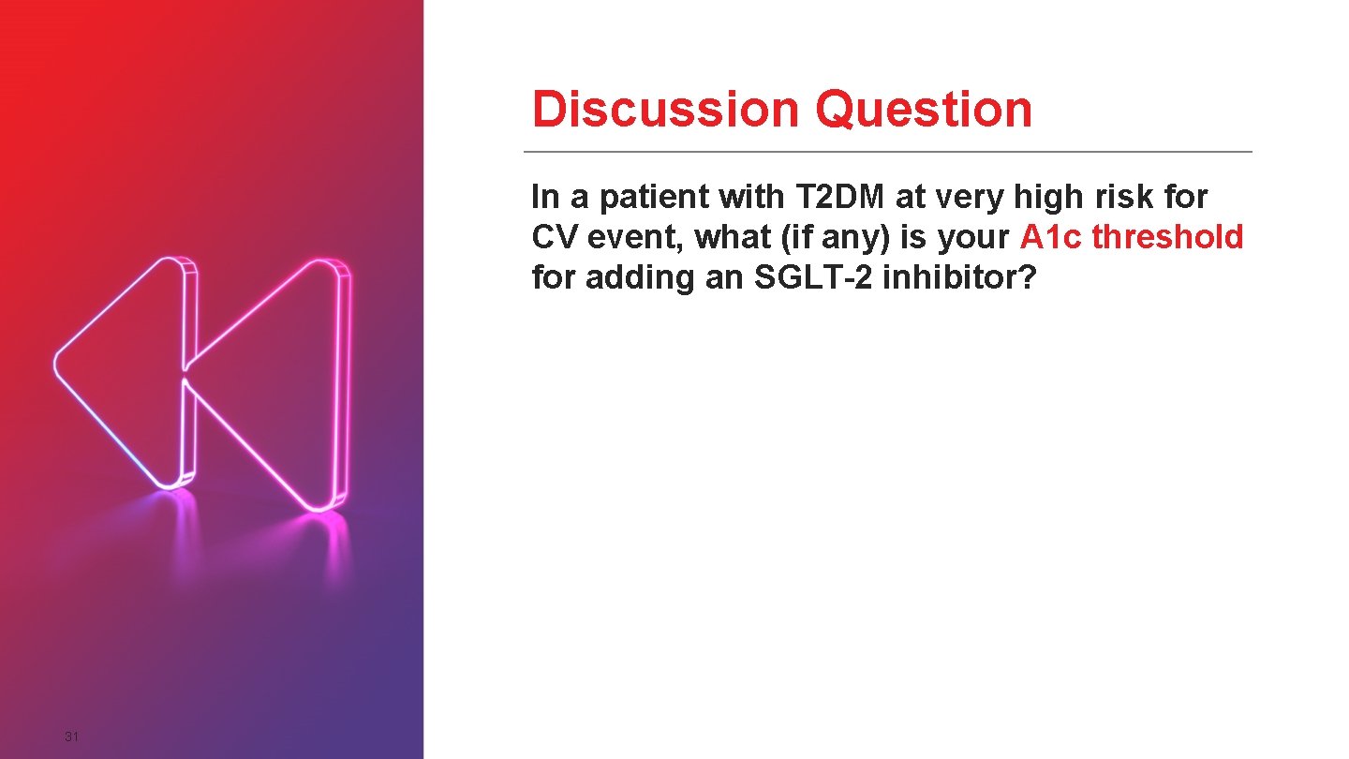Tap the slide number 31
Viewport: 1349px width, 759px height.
pyautogui.click(x=71, y=737)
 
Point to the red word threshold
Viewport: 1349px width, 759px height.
pyautogui.click(x=1167, y=237)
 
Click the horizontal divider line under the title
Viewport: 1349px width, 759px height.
pyautogui.click(x=887, y=151)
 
